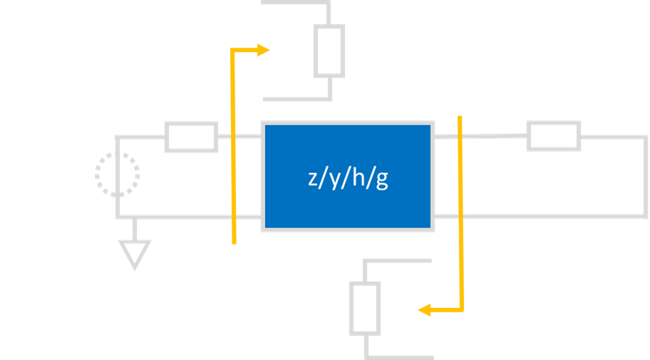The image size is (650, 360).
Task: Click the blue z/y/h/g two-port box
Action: pyautogui.click(x=348, y=175)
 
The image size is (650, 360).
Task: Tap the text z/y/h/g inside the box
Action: pyautogui.click(x=348, y=181)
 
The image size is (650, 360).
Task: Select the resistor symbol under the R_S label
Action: pyautogui.click(x=191, y=137)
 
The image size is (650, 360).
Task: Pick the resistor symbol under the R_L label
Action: pyautogui.click(x=554, y=135)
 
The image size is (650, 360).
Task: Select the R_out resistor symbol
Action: pyautogui.click(x=365, y=307)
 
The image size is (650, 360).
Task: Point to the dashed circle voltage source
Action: pyautogui.click(x=118, y=174)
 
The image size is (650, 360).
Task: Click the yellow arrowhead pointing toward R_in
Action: pyautogui.click(x=264, y=50)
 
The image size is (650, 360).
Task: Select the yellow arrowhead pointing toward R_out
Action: pyautogui.click(x=425, y=309)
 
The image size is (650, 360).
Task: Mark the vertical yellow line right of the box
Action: pyautogui.click(x=462, y=214)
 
